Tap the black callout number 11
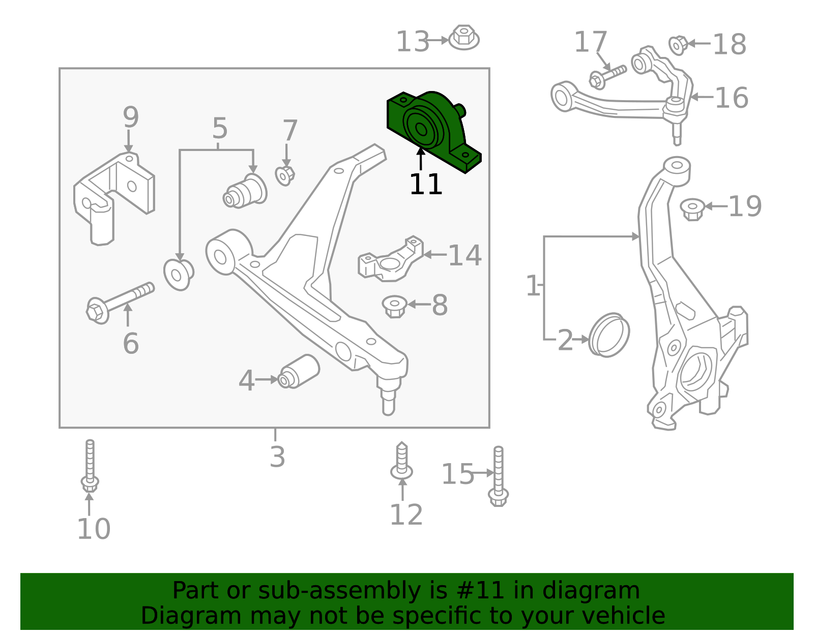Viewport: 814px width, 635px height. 426,184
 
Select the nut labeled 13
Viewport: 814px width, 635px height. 464,38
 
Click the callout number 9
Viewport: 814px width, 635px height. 131,117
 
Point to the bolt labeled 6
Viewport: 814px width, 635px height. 120,303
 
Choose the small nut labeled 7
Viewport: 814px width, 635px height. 285,176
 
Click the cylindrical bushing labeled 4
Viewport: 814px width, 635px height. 299,372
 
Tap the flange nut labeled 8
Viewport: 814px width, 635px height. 394,307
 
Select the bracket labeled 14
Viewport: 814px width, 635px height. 391,259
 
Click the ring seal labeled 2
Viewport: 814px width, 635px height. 609,335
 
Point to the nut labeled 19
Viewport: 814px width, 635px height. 692,209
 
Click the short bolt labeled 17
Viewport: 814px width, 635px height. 607,77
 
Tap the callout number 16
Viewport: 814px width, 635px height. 732,98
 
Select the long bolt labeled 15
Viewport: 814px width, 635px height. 498,476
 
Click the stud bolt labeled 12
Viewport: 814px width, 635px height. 401,461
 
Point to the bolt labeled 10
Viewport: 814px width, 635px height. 90,466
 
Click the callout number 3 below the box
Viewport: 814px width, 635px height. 277,457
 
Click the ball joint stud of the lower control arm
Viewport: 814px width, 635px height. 389,397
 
